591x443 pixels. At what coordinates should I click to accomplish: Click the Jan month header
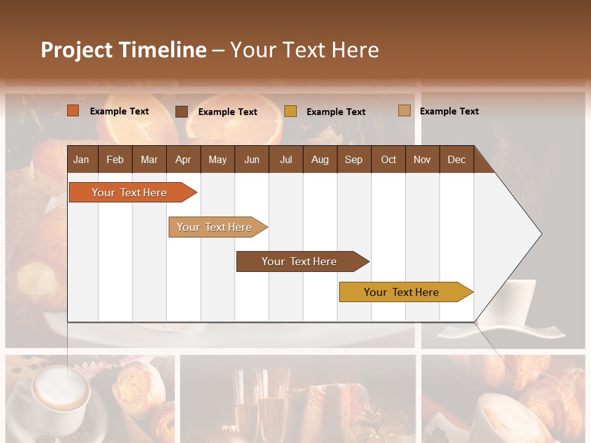(x=81, y=159)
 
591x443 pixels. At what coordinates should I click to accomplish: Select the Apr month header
(x=183, y=159)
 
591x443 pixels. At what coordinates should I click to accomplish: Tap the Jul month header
(x=286, y=159)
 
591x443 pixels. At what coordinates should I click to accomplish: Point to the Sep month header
(x=353, y=159)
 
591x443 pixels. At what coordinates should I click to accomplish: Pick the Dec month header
(x=456, y=159)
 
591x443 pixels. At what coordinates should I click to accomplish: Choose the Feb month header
(x=115, y=159)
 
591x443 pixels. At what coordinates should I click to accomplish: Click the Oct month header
(x=388, y=159)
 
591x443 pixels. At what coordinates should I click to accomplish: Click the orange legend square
(x=73, y=111)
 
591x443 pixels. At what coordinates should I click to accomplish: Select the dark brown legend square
(x=182, y=111)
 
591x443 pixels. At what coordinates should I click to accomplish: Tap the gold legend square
(x=291, y=111)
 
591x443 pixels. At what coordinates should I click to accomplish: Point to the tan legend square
(x=404, y=111)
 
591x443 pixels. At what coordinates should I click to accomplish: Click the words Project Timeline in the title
(x=124, y=50)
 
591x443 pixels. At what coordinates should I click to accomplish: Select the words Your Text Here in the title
(x=305, y=50)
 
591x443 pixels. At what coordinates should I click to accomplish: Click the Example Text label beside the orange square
(x=119, y=111)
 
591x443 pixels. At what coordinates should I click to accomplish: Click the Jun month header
(x=252, y=159)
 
